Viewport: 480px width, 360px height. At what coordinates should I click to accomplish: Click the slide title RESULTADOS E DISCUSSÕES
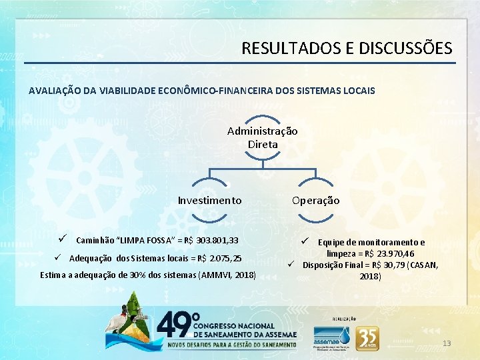pos(347,49)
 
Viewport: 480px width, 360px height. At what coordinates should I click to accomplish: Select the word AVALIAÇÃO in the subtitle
pos(55,91)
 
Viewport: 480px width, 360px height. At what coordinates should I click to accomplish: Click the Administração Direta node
pos(263,137)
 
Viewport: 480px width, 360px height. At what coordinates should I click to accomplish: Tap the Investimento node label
pos(209,200)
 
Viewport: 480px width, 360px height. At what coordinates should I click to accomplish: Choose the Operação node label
pos(315,200)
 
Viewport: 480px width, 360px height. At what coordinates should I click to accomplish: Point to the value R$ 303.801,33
pos(209,240)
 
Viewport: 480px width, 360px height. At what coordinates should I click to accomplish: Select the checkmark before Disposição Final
pos(291,264)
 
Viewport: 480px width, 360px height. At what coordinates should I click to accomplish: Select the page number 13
pos(447,343)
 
